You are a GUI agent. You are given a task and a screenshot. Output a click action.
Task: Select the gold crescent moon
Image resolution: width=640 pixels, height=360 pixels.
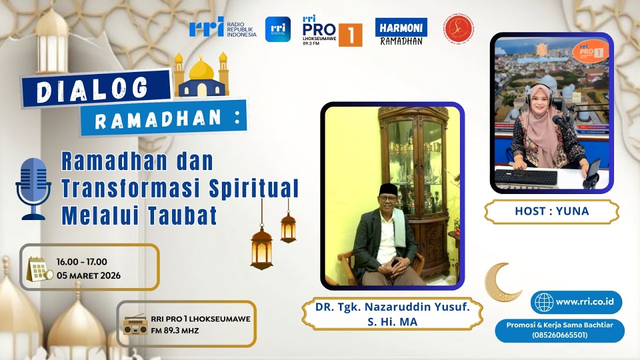coord(501,282)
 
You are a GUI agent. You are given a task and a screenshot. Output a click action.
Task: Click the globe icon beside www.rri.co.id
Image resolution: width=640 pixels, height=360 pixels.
coord(544,302)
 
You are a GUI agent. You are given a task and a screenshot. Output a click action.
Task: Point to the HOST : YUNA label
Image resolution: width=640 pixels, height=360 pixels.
coord(551,211)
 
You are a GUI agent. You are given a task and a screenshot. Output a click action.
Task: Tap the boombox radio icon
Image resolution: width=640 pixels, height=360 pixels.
coord(135,325)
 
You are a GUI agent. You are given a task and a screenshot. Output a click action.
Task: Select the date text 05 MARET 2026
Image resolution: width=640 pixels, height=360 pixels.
coord(88,275)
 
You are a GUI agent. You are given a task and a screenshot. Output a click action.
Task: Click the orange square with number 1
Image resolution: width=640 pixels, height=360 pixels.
coord(350,35)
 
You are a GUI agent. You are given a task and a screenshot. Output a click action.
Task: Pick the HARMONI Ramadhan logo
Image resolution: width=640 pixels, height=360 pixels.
coord(401,31)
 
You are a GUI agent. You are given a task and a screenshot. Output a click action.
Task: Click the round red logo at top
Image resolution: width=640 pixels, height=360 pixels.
coord(458,29)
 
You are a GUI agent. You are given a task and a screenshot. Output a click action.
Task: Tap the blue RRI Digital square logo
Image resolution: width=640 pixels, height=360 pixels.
coord(277,29)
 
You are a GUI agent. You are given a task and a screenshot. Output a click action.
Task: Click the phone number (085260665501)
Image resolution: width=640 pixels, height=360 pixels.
coord(559,334)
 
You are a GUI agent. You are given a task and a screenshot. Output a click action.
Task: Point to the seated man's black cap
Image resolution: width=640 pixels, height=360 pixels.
coord(387,188)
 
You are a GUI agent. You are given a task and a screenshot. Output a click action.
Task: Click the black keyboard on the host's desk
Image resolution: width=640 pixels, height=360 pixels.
coord(526,176)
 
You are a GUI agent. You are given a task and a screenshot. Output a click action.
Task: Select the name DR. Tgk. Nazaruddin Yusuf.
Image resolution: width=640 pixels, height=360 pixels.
coord(392,307)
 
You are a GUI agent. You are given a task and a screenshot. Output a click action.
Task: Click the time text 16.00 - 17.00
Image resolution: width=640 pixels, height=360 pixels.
coord(81,262)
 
